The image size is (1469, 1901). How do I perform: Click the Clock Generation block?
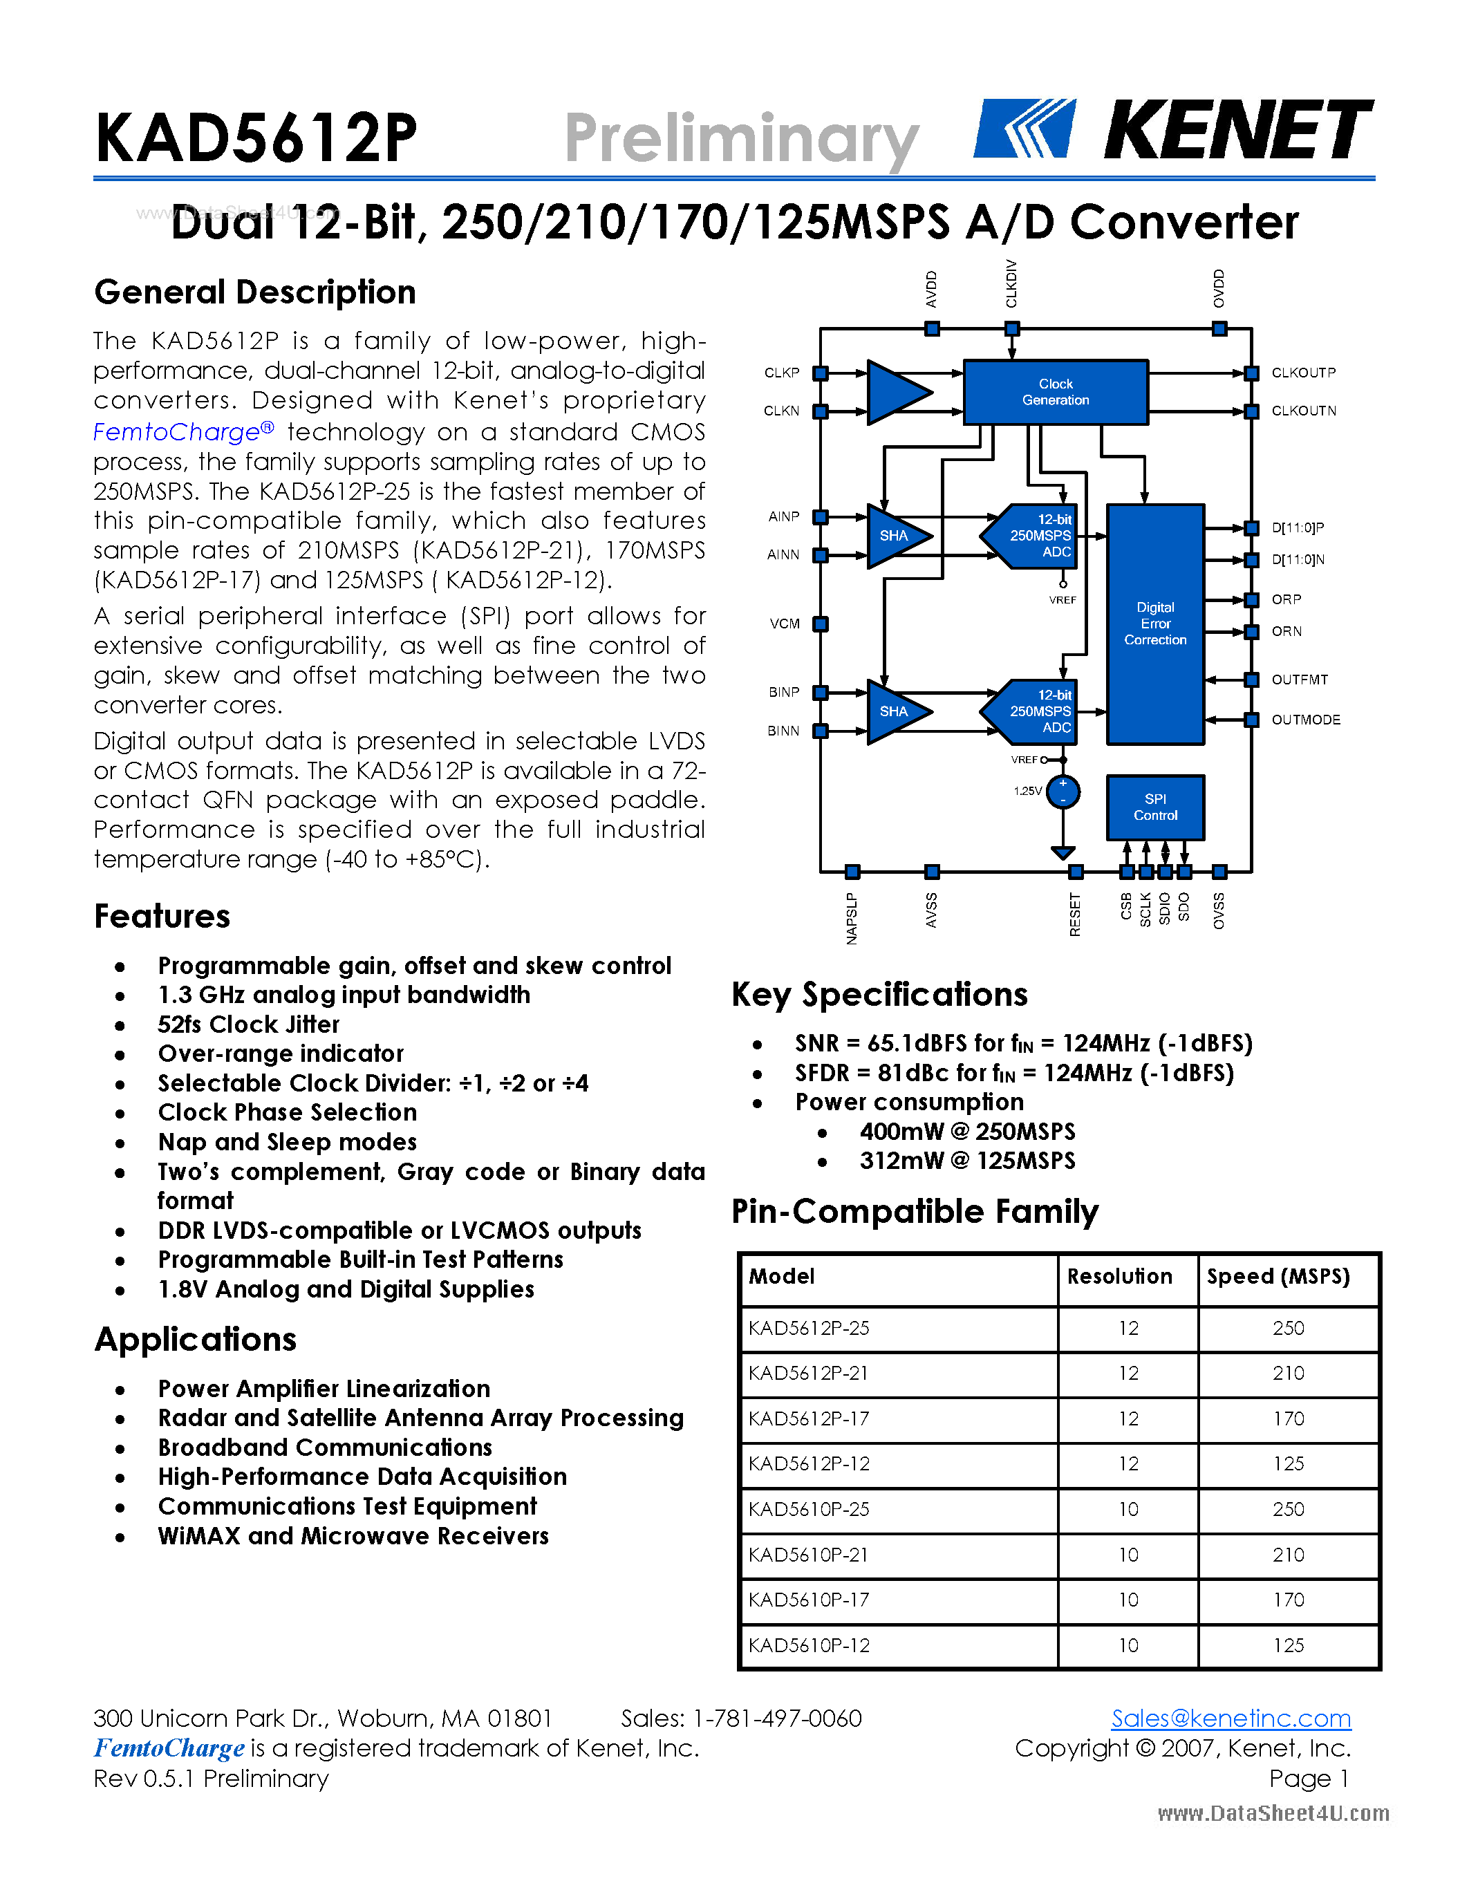(x=1055, y=392)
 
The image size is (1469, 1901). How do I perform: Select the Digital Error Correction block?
(x=1155, y=624)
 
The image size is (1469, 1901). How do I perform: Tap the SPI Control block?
(x=1155, y=807)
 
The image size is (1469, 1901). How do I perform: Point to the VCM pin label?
(x=784, y=624)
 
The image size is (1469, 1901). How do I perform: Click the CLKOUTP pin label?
(x=1303, y=373)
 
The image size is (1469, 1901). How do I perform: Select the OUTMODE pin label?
(x=1305, y=720)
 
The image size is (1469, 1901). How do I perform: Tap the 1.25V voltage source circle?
(x=1063, y=792)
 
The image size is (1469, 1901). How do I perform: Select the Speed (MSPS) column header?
(x=1278, y=1276)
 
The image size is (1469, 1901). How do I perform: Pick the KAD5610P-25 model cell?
(x=809, y=1509)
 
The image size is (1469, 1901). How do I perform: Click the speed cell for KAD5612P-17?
(x=1288, y=1418)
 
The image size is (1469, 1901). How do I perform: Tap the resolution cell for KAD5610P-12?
(x=1128, y=1645)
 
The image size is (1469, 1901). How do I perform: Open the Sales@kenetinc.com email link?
(x=1231, y=1719)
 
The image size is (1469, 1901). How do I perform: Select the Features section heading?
(x=162, y=917)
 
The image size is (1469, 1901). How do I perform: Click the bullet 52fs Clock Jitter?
(x=248, y=1024)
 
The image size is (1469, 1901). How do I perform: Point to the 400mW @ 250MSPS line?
(x=967, y=1132)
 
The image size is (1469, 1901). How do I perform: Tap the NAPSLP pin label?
(x=852, y=917)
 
